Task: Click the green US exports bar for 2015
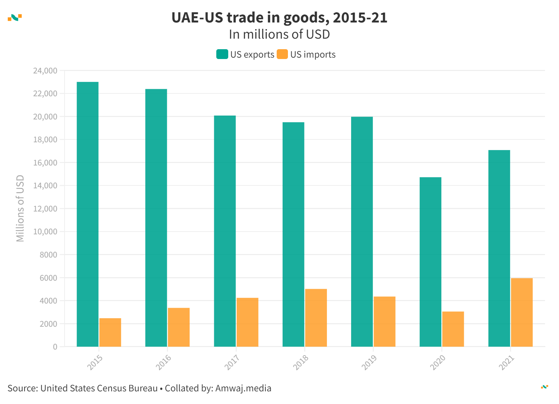click(87, 214)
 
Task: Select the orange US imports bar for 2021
click(522, 312)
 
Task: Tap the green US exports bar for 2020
click(430, 262)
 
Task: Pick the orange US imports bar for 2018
click(316, 318)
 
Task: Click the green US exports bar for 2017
click(225, 231)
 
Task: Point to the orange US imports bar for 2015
click(110, 332)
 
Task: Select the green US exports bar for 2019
click(362, 232)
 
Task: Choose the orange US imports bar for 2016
click(179, 327)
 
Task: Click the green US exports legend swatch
click(222, 54)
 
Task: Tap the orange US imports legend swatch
click(282, 54)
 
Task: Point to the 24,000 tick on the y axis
click(45, 71)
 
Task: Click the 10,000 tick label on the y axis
click(45, 232)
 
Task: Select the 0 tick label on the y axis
click(55, 347)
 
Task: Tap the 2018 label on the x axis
click(301, 362)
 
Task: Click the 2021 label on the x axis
click(507, 362)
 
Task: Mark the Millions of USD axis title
click(20, 208)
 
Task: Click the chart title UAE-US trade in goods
click(279, 18)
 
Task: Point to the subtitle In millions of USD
click(279, 34)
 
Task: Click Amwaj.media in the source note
click(243, 388)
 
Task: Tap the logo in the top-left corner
click(15, 18)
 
